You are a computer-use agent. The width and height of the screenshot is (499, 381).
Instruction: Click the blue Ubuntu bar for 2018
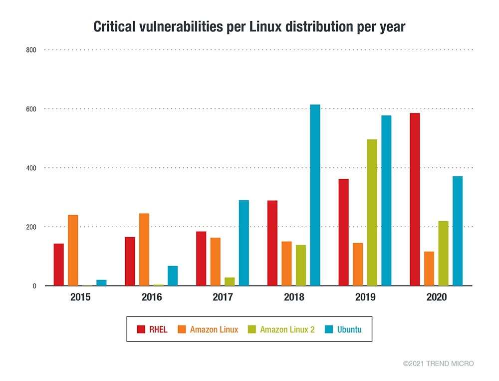315,195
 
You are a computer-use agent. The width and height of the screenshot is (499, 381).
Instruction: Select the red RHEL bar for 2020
415,199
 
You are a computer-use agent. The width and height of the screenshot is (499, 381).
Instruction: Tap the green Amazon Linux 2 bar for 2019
372,213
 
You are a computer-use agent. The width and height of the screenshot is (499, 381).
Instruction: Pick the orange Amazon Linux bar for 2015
73,250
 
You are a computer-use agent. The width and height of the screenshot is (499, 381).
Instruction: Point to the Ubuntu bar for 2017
244,243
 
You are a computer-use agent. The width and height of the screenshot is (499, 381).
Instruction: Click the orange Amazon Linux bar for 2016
144,250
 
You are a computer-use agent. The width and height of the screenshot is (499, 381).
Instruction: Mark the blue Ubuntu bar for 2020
458,231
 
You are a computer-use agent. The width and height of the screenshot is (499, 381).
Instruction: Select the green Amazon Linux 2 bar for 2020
443,253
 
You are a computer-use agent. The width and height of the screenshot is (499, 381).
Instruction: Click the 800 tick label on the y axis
31,50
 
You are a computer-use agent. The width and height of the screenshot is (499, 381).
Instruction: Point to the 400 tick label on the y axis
31,168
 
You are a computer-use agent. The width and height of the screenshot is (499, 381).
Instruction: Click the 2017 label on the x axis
223,298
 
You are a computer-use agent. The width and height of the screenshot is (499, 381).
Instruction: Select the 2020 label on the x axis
437,298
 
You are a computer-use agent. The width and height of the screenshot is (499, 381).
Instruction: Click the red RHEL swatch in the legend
141,330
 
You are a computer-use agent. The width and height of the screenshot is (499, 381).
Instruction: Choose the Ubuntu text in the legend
349,330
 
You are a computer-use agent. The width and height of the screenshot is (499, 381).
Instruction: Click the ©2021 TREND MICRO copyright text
438,364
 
